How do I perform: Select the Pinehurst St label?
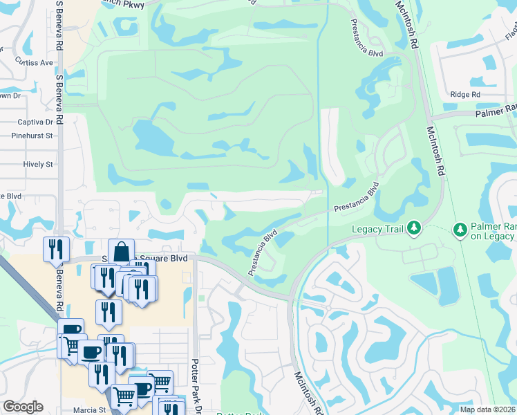[32, 136]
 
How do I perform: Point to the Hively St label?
[38, 165]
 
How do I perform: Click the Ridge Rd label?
[464, 95]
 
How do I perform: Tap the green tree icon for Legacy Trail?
[413, 228]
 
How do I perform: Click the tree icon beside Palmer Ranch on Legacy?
[460, 228]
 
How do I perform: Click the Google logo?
[23, 407]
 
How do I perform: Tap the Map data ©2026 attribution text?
[487, 409]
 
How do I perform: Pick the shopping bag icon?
[121, 250]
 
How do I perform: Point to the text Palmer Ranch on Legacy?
[493, 231]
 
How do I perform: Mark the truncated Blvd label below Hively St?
[12, 196]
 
